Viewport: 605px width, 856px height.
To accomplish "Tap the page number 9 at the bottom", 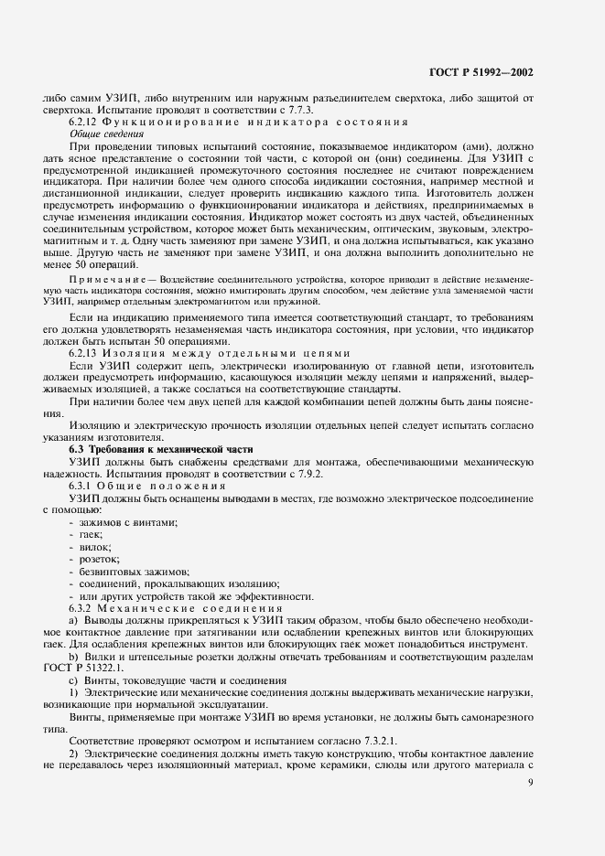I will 530,782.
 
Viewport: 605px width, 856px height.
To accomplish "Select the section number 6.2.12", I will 85,122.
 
